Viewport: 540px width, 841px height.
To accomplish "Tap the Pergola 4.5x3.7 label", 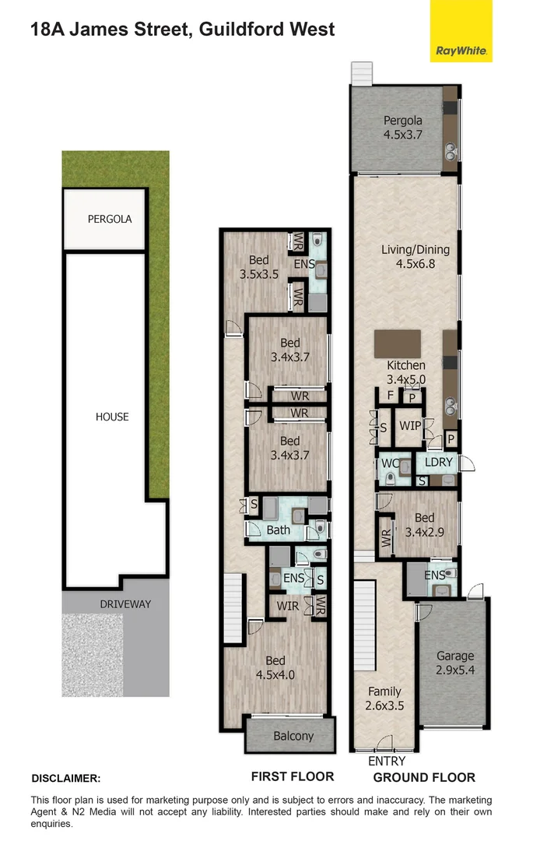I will click(x=402, y=127).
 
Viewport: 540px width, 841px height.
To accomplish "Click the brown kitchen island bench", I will click(x=398, y=343).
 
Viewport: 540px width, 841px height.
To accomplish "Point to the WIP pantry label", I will click(x=410, y=426).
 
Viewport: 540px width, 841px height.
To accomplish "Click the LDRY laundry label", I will click(x=438, y=462).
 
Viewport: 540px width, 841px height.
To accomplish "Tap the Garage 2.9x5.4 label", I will click(x=454, y=663).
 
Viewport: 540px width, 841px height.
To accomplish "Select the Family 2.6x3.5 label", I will click(x=384, y=698).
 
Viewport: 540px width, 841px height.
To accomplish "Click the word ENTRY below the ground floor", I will click(x=387, y=761).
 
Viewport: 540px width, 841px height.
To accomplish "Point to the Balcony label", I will click(x=293, y=736).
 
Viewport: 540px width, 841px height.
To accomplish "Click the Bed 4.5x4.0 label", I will click(x=275, y=668).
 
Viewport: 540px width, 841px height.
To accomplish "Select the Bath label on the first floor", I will click(x=278, y=530).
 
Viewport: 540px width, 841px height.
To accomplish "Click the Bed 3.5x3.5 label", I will click(x=258, y=267).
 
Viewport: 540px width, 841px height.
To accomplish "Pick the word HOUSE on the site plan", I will click(x=112, y=417).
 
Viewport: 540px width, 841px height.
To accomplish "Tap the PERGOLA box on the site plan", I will click(x=109, y=219).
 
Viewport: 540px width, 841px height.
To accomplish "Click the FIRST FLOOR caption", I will click(x=292, y=776).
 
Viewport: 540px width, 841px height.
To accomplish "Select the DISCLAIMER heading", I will click(x=66, y=778).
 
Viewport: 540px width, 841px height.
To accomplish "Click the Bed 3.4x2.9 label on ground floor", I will click(x=424, y=526).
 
